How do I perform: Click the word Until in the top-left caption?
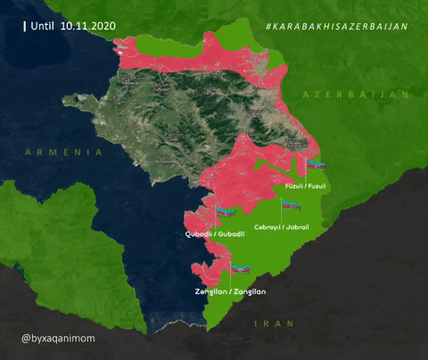click(43, 27)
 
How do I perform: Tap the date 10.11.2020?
click(90, 27)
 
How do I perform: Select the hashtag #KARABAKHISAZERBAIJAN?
click(336, 27)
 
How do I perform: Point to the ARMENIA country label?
click(64, 152)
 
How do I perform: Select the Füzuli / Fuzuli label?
click(306, 186)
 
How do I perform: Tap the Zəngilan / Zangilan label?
click(230, 291)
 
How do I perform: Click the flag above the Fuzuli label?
click(317, 166)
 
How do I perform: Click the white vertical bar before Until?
click(24, 27)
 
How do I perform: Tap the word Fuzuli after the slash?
click(317, 186)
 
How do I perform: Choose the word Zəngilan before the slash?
click(210, 291)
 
